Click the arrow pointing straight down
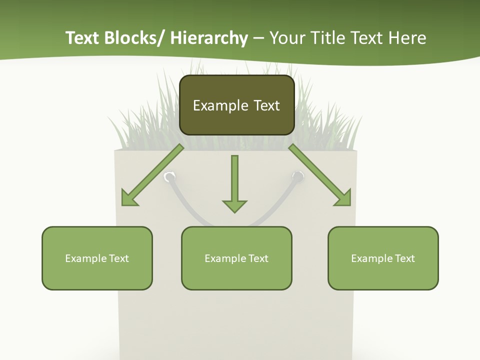[234, 182]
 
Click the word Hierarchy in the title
[209, 38]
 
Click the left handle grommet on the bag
[170, 176]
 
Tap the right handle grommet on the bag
[297, 176]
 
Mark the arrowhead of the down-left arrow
[129, 198]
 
